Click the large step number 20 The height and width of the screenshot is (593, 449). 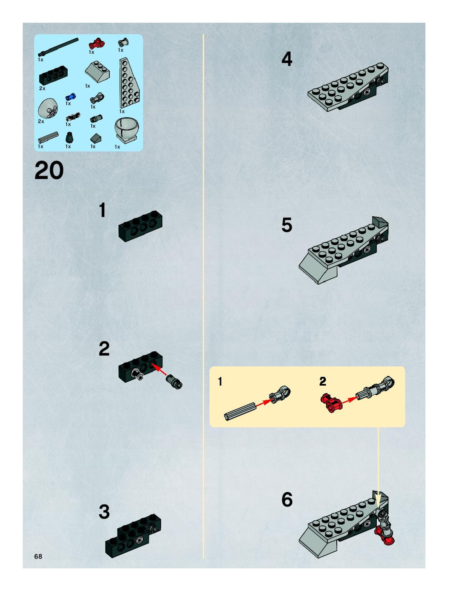point(49,170)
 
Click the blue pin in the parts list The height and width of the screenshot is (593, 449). point(71,97)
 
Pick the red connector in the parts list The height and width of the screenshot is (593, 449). point(97,43)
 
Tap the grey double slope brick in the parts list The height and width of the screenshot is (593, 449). point(97,71)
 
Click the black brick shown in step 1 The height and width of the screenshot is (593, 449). point(140,226)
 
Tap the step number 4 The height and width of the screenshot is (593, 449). point(287,59)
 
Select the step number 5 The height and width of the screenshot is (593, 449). point(287,225)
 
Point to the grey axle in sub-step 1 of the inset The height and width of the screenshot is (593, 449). point(240,411)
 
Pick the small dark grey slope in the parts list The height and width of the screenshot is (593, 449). point(96,138)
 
